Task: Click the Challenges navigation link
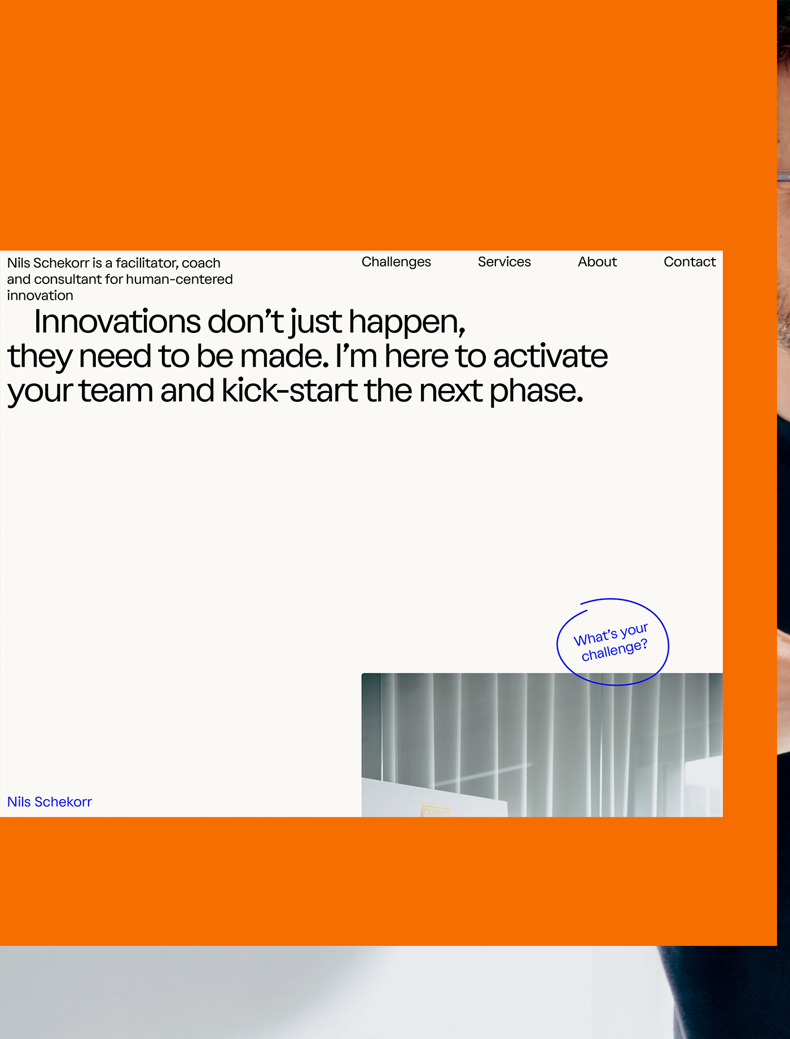(396, 262)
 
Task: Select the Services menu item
(504, 262)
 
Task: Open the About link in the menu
(598, 262)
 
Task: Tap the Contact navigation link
(690, 262)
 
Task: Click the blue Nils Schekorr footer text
(50, 802)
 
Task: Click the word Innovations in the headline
(117, 322)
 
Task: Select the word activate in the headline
(550, 357)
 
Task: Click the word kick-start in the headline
(289, 391)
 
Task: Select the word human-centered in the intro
(179, 279)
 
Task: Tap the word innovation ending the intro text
(40, 296)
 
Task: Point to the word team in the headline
(116, 391)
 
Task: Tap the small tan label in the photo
(436, 811)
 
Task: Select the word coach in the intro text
(201, 263)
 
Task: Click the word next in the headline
(451, 391)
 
